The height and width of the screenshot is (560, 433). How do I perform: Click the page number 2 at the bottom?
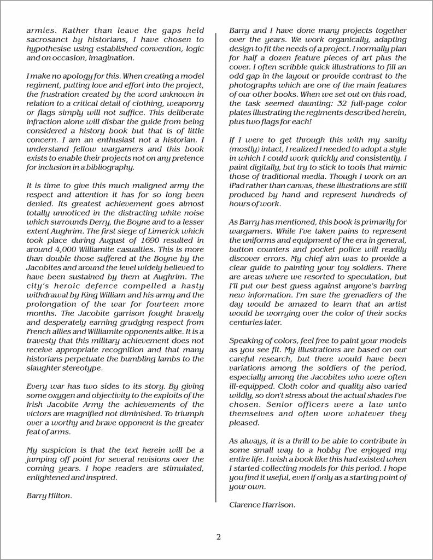[x=218, y=536]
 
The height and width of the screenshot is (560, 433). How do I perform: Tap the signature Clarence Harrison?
[x=262, y=505]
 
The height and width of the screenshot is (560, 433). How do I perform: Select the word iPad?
[x=239, y=186]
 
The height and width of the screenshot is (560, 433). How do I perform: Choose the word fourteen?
[x=152, y=303]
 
